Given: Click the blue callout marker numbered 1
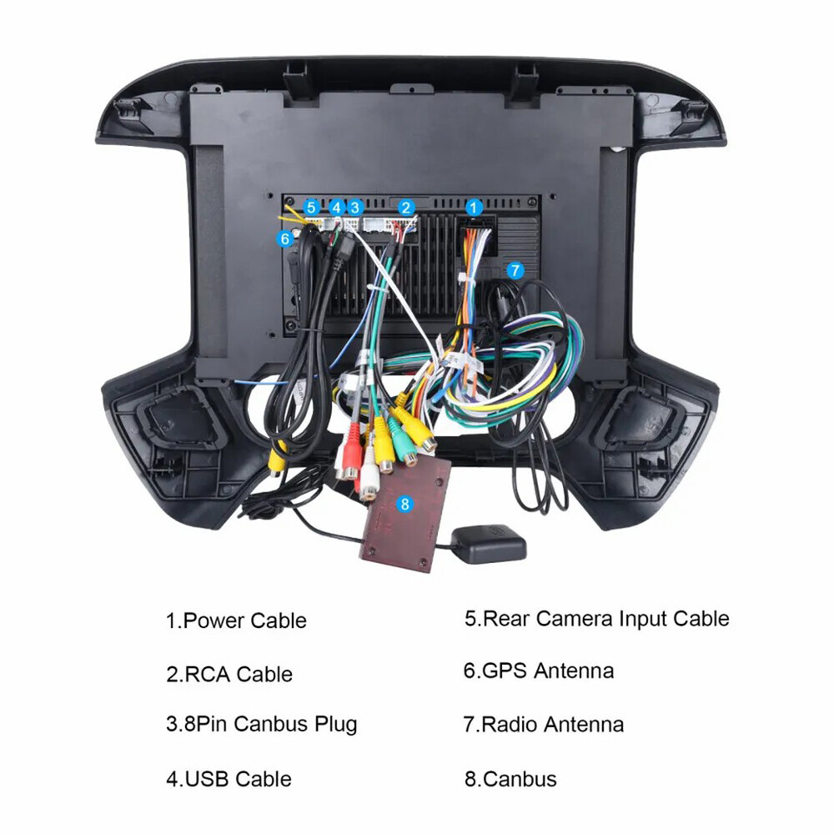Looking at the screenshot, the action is [474, 208].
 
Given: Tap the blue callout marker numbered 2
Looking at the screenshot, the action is [406, 208].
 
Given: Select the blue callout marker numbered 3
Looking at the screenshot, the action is [354, 208].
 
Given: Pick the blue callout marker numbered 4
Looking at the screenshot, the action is [336, 208].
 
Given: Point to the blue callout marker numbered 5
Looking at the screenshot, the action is [312, 208].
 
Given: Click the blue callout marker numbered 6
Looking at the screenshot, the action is [285, 239].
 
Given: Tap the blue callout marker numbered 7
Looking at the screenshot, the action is [515, 271].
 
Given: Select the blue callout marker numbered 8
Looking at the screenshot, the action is [405, 504].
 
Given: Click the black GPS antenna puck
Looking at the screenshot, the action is [489, 543].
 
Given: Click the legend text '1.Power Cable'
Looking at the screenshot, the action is [236, 620].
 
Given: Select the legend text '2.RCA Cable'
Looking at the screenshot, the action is [229, 674].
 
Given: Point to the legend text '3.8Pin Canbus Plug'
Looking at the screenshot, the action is [261, 725].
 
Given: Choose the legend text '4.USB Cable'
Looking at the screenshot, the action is [229, 779].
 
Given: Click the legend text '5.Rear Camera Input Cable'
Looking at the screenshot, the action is [597, 619].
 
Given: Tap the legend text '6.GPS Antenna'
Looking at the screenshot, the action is [539, 671].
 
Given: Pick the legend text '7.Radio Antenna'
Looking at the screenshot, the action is [544, 725].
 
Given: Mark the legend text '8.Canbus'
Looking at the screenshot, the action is [510, 779].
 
